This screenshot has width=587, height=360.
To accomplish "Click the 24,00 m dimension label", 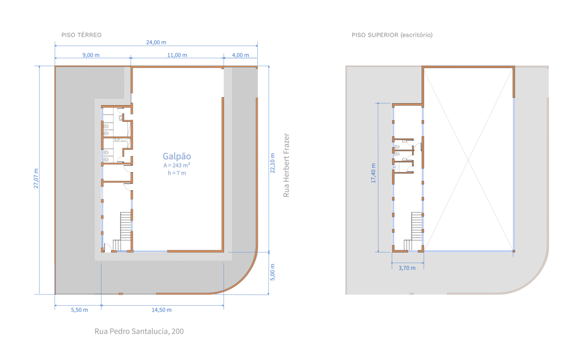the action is (x=156, y=42).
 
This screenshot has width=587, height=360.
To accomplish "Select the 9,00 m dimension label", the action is (x=91, y=55).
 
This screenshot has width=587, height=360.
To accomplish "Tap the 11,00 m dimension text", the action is (x=177, y=55).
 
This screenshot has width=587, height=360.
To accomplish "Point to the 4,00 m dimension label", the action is (x=240, y=55).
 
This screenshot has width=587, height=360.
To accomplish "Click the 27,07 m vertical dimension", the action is (x=36, y=178).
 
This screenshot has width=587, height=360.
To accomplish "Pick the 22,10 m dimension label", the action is (x=272, y=163).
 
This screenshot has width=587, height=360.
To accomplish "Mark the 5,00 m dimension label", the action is (x=272, y=272).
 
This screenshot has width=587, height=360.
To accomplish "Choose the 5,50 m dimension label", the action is (x=79, y=310).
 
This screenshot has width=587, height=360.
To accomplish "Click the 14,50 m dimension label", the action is (x=162, y=310).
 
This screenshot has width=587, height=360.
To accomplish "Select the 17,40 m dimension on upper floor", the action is (x=373, y=173).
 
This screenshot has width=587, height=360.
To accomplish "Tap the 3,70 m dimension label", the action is (x=407, y=268).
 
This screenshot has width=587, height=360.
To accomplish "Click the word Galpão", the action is (x=177, y=157).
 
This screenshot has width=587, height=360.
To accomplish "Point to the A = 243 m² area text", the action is (x=177, y=165).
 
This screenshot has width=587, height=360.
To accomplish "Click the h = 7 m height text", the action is (x=177, y=173).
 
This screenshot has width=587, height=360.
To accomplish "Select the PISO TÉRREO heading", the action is (x=81, y=35).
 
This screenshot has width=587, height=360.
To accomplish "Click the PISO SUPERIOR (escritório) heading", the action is (x=392, y=35).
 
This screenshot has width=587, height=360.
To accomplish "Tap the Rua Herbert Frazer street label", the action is (x=286, y=165).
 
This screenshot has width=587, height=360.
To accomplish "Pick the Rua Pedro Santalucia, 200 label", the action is (x=139, y=331).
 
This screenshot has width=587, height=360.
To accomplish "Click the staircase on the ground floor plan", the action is (x=122, y=232).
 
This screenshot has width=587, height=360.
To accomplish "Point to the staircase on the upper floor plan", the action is (x=413, y=232).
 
